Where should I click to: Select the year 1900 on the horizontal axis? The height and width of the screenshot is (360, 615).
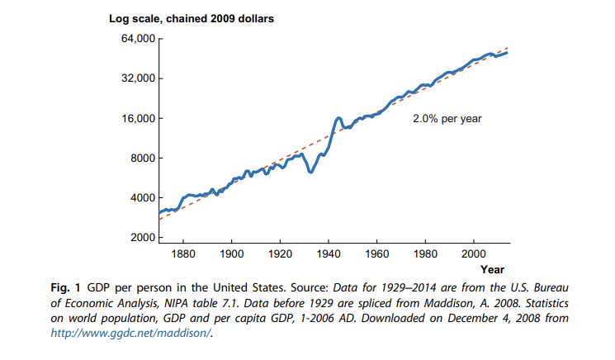[x=232, y=253]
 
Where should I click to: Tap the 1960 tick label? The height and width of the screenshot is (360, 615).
[x=377, y=253]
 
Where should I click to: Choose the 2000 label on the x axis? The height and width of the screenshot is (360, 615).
[x=474, y=253]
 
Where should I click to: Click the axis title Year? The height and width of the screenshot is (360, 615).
[x=492, y=269]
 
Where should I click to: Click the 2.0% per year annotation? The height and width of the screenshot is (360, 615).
[x=447, y=119]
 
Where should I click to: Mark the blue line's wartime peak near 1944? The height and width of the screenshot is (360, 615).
[x=338, y=119]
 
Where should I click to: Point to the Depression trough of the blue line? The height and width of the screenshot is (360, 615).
[x=310, y=172]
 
